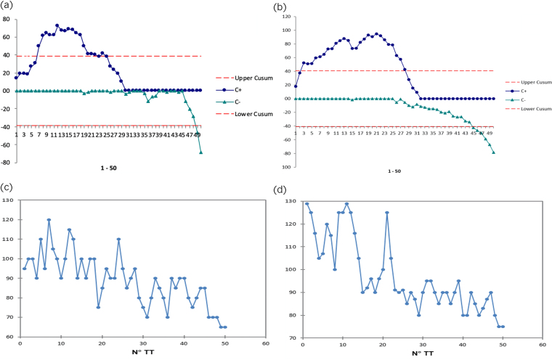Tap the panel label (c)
[x=8, y=188]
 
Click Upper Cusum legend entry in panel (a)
[x=248, y=78]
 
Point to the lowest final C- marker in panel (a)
[x=200, y=152]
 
